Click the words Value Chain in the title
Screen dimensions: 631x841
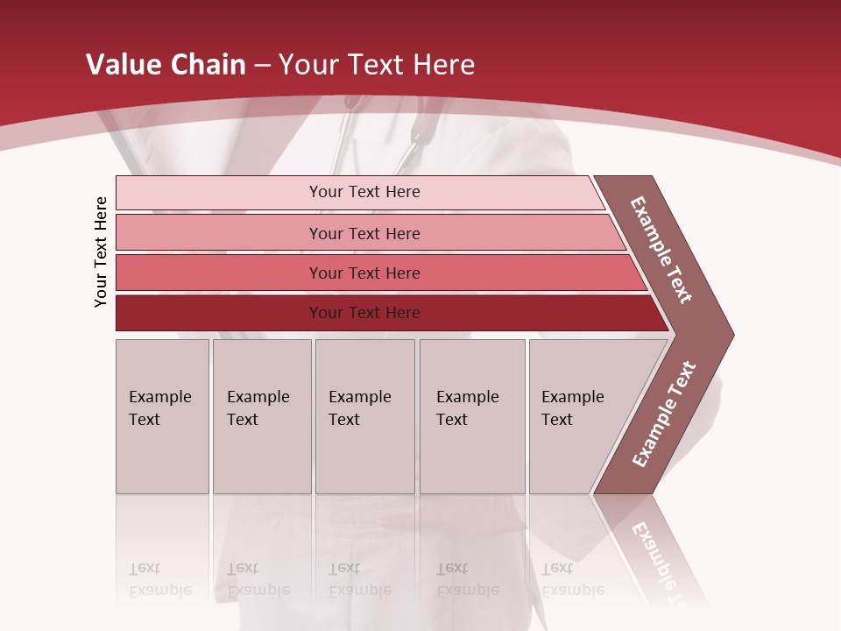point(166,65)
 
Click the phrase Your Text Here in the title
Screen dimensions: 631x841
point(377,65)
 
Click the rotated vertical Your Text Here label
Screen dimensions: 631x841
point(101,252)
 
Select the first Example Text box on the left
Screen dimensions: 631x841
point(162,416)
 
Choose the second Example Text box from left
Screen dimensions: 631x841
point(261,416)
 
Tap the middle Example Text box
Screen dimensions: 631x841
point(364,416)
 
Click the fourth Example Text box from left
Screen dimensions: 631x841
point(472,416)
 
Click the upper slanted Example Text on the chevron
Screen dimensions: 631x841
point(661,250)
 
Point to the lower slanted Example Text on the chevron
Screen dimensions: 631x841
point(664,415)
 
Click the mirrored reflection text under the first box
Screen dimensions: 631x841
point(159,579)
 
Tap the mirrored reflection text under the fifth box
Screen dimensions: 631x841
point(572,579)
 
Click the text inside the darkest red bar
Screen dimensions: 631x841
point(364,313)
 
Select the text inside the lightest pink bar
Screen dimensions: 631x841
point(364,192)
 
